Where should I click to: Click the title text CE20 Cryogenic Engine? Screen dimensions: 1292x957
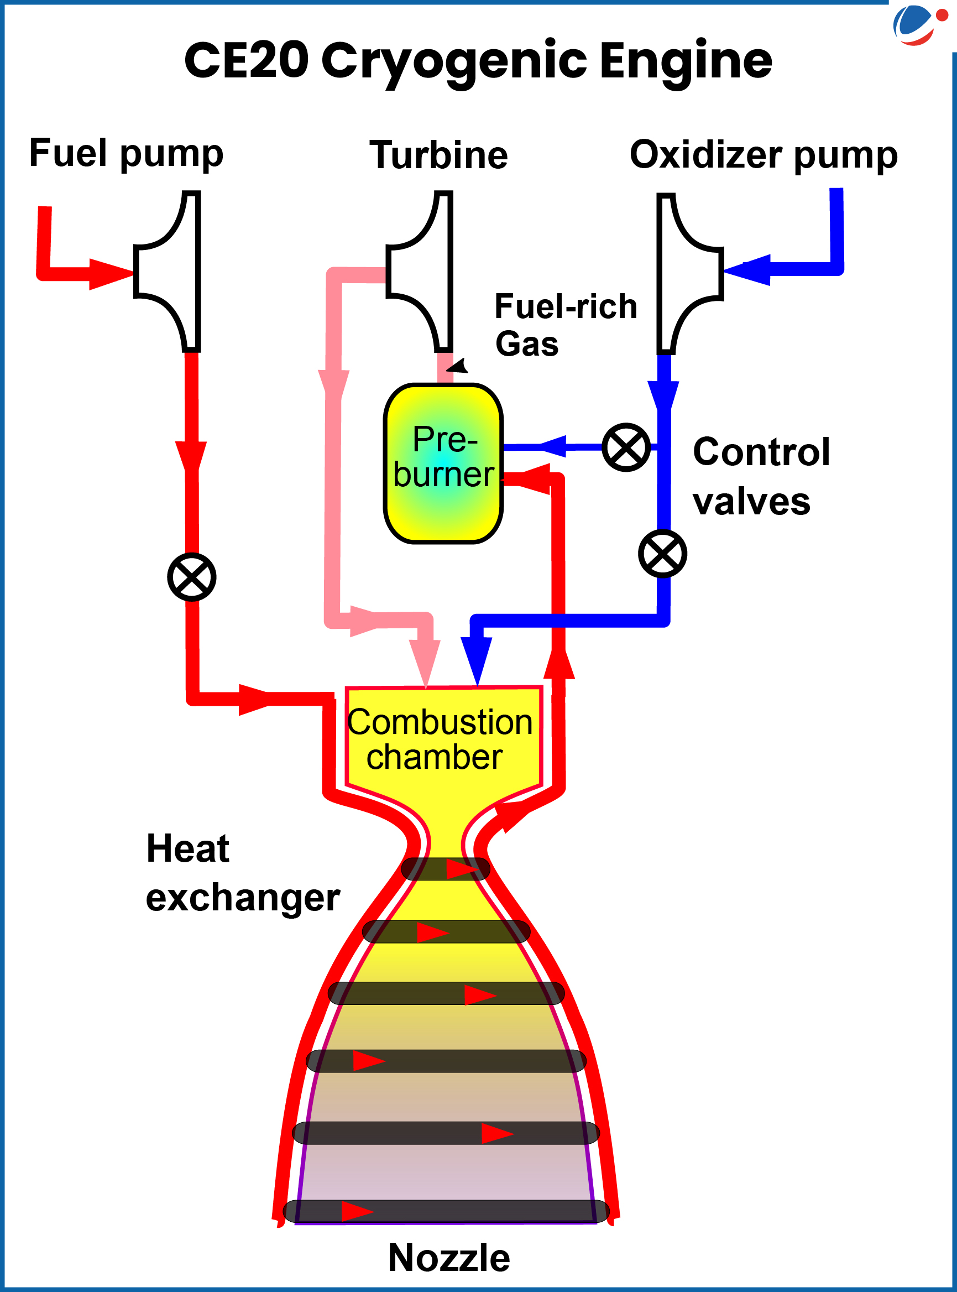pos(478,61)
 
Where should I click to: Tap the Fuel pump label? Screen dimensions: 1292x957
pos(125,154)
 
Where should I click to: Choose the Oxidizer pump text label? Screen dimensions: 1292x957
pos(763,155)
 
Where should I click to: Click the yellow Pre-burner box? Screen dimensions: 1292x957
pos(443,463)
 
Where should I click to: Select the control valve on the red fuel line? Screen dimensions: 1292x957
pos(192,577)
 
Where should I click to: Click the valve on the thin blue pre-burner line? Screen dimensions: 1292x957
pos(626,447)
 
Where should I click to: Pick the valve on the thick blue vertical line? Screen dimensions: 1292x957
pos(663,553)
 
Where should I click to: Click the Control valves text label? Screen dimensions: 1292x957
pos(760,476)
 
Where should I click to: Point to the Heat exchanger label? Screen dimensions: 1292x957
pos(242,873)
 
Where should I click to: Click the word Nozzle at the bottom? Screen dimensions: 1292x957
pos(449,1258)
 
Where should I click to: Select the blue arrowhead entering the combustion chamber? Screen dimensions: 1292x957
pos(476,660)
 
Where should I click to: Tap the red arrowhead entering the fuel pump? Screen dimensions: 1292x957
pos(110,274)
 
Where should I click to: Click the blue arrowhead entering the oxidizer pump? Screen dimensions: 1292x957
pos(750,270)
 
